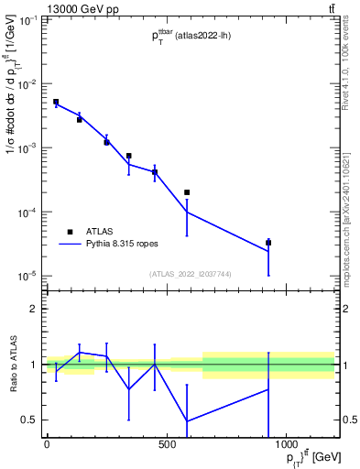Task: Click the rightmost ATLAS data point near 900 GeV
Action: [x=268, y=243]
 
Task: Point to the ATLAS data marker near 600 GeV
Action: [x=187, y=192]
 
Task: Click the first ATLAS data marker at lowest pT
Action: [x=56, y=102]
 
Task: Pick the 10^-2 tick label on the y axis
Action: [x=27, y=84]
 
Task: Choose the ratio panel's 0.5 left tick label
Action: [x=30, y=420]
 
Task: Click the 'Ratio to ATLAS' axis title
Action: [x=13, y=365]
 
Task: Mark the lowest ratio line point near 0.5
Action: [x=187, y=420]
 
